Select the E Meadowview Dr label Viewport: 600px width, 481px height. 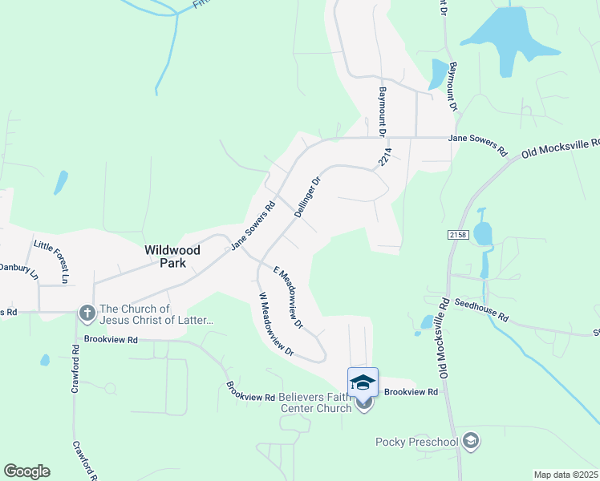click(288, 297)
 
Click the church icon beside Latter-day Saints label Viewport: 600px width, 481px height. click(86, 312)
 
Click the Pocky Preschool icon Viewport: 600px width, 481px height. click(471, 440)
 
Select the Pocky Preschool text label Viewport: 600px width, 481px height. click(416, 442)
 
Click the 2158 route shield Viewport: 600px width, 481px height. click(457, 234)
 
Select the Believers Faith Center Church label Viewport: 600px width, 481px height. click(316, 402)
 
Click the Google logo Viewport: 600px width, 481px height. click(26, 471)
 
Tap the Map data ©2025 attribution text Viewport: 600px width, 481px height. click(566, 475)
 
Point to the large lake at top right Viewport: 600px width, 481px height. click(501, 38)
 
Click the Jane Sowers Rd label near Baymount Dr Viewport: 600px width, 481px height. click(478, 143)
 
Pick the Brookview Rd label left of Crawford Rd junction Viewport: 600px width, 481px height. click(111, 340)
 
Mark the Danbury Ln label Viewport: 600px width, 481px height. click(18, 271)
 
